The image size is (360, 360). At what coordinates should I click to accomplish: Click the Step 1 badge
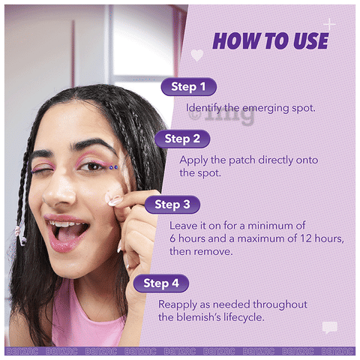pyautogui.click(x=189, y=87)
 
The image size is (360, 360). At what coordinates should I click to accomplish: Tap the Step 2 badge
pyautogui.click(x=182, y=139)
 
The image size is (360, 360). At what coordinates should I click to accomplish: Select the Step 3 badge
pyautogui.click(x=172, y=205)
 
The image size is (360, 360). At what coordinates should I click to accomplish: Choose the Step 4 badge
pyautogui.click(x=161, y=283)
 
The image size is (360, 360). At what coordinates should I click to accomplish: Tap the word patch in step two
pyautogui.click(x=242, y=160)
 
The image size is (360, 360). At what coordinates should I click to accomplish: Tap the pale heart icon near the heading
pyautogui.click(x=197, y=55)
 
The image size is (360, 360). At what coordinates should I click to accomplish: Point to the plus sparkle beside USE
pyautogui.click(x=330, y=24)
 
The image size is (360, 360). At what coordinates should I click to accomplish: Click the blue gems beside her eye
pyautogui.click(x=113, y=167)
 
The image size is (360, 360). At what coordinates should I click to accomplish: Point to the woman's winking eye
pyautogui.click(x=42, y=169)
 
